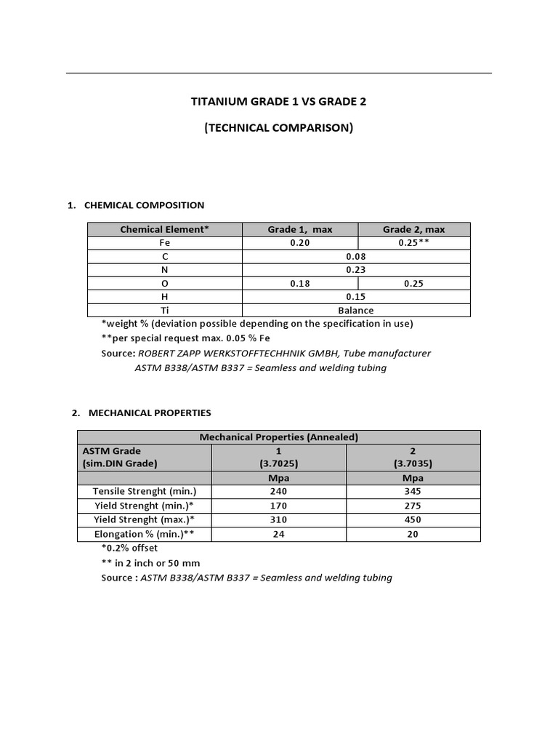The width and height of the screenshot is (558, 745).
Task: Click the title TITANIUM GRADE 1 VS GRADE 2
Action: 278,102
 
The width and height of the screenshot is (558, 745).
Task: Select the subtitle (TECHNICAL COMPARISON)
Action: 278,128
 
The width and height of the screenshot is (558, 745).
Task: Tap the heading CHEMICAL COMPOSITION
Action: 144,205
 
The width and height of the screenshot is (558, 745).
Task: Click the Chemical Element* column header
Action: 164,229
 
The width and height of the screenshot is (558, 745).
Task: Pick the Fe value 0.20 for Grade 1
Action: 299,243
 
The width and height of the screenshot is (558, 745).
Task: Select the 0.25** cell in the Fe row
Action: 413,243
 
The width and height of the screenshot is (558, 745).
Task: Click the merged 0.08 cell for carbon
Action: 356,256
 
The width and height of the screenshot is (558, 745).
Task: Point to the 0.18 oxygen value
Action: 299,283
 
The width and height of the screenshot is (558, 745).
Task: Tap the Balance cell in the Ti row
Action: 356,310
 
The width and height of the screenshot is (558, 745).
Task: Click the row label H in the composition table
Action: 164,296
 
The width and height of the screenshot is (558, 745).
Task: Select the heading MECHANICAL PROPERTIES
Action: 150,413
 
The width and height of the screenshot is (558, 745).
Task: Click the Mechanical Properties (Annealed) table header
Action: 278,437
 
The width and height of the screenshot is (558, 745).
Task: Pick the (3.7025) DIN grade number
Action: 278,463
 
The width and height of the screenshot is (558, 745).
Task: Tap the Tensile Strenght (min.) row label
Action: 145,492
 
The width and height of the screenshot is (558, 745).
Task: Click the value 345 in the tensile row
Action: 413,492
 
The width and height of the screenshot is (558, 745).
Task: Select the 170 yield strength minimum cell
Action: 278,506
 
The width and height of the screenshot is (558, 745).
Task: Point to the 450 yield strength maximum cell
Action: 413,519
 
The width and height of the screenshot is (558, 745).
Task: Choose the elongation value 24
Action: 278,533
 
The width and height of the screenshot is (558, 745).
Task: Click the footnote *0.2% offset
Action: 129,548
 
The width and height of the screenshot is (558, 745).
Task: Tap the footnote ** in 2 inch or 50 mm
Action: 150,562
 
